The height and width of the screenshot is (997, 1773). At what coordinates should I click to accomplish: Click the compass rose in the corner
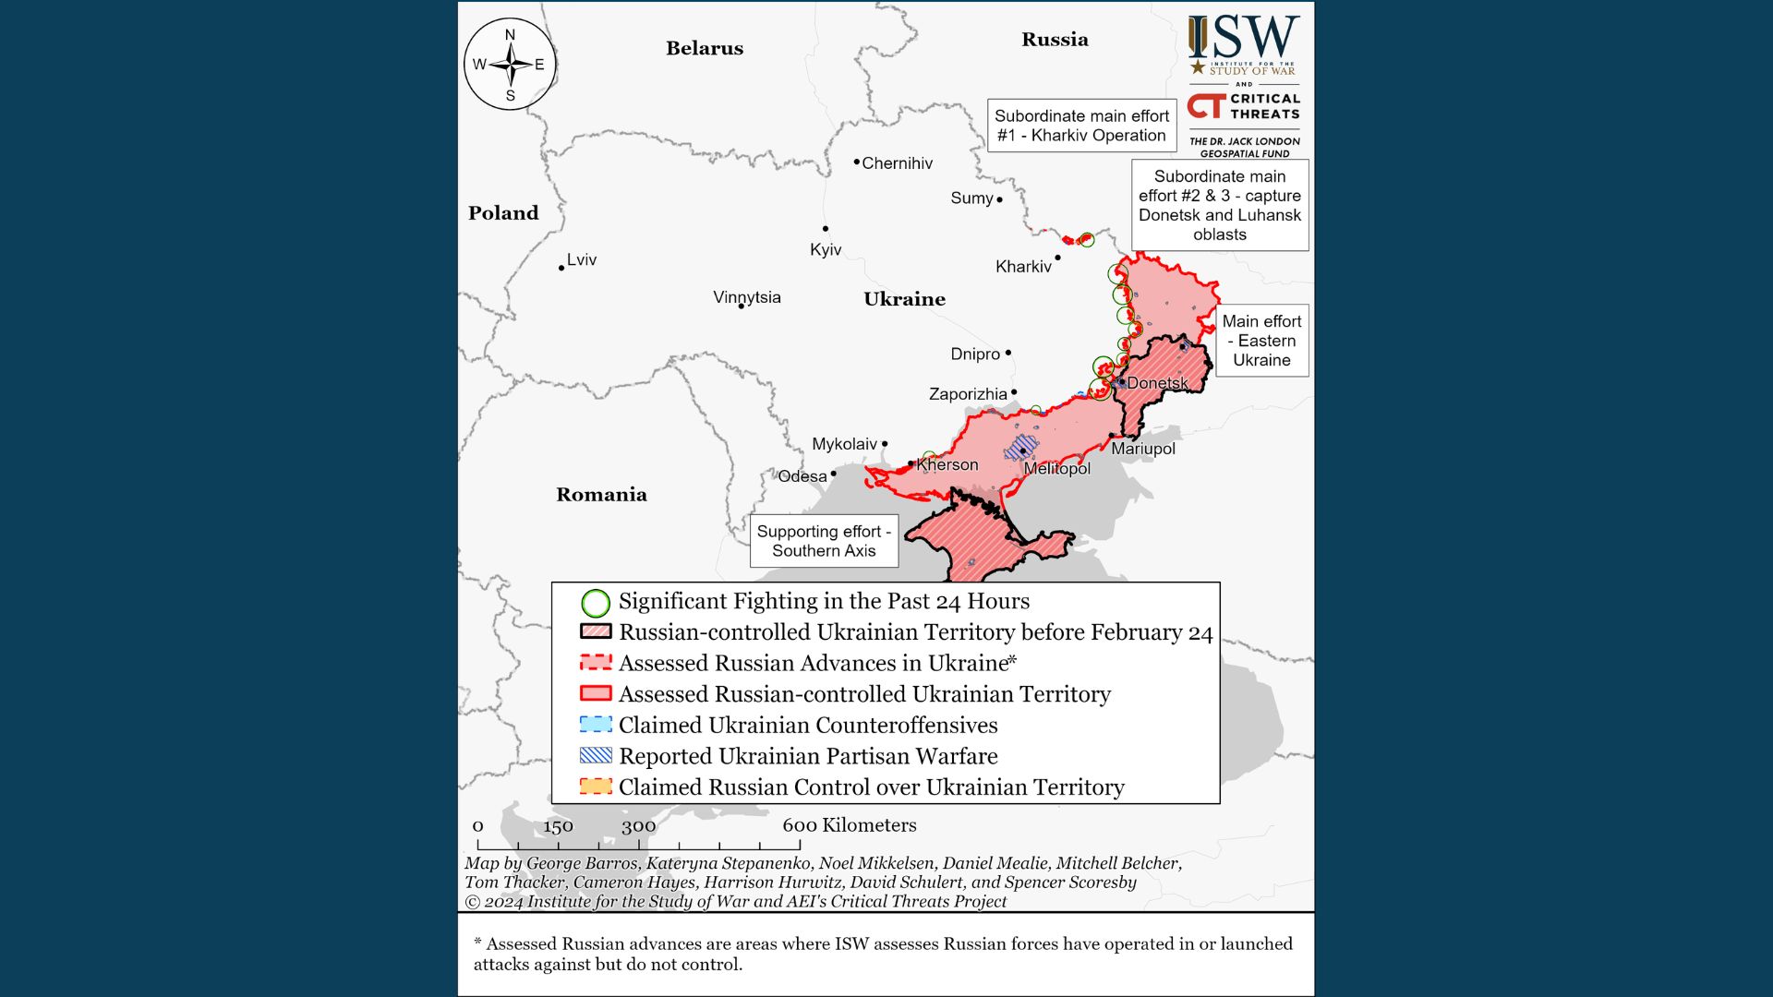(510, 65)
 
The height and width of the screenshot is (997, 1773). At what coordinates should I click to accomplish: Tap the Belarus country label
(705, 48)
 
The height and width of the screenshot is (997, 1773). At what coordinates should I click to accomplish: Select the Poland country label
(503, 213)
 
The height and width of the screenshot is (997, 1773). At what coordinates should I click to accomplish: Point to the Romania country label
(601, 495)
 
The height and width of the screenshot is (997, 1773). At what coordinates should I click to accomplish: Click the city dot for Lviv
(561, 269)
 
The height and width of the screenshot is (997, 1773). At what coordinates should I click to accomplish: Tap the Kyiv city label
(826, 250)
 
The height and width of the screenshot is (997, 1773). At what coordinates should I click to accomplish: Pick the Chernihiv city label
(897, 163)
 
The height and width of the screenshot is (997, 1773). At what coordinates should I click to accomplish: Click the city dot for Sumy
(999, 199)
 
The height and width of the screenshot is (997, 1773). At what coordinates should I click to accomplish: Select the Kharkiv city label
(1023, 267)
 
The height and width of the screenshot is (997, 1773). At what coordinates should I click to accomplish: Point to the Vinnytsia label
(747, 297)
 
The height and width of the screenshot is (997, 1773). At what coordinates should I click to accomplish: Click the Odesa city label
(802, 476)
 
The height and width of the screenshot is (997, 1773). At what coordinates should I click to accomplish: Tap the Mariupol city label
(1143, 449)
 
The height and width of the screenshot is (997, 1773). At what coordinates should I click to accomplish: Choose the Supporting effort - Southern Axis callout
(824, 541)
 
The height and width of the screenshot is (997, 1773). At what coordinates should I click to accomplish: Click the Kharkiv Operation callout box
(1081, 126)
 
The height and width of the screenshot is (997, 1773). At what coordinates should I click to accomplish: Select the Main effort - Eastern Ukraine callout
(1261, 341)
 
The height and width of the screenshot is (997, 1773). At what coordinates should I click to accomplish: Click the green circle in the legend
(596, 603)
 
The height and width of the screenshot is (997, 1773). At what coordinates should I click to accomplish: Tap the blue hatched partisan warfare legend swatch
(596, 755)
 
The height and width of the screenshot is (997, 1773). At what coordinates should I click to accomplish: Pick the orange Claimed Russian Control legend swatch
(596, 787)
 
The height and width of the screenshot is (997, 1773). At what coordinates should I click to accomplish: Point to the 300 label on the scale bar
(638, 826)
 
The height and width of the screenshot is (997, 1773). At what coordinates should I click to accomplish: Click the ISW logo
(1244, 44)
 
